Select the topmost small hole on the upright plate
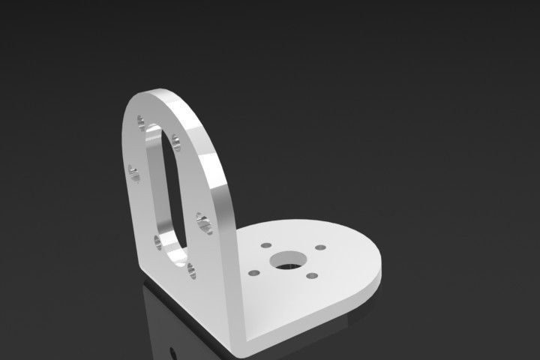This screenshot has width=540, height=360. [x=142, y=122]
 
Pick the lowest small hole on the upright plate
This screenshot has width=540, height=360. [x=193, y=269]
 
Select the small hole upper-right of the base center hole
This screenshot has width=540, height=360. [x=320, y=247]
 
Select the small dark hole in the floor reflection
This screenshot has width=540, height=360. [x=173, y=350]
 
